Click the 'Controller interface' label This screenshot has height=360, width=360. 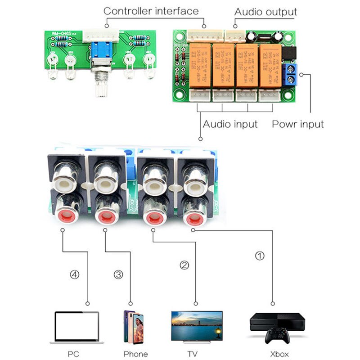[x=151, y=11]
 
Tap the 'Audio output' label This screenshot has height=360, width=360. [x=265, y=12]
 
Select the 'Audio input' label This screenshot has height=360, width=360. [x=230, y=124]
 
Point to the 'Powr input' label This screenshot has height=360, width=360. [x=297, y=124]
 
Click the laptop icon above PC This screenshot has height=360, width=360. [x=76, y=328]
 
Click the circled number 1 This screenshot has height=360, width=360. [x=260, y=256]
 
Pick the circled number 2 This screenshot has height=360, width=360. [x=184, y=265]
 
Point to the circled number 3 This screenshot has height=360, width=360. [x=118, y=274]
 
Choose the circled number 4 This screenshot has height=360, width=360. [x=75, y=274]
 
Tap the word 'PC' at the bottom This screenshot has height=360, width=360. [x=73, y=354]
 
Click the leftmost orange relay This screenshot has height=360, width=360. [x=200, y=65]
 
